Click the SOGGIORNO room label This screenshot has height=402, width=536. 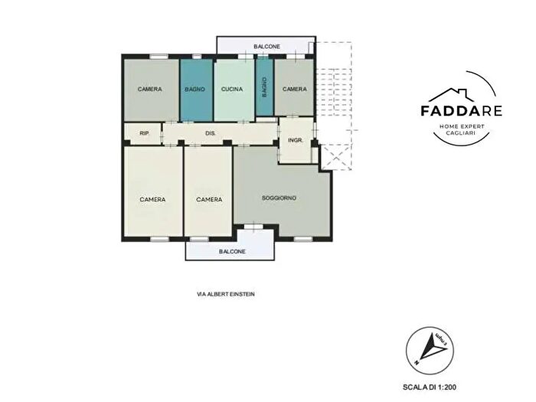[279, 198]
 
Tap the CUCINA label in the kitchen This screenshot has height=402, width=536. [232, 90]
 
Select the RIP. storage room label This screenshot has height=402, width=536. [144, 134]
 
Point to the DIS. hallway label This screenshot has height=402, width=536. [210, 134]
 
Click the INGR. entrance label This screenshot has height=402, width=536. [296, 140]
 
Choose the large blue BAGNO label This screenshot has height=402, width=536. [194, 90]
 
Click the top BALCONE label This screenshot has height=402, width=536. [267, 47]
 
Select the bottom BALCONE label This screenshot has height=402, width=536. [232, 251]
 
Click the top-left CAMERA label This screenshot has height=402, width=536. [150, 90]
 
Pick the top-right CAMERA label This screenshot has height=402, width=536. [295, 90]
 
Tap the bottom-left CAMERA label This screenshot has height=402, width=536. [152, 200]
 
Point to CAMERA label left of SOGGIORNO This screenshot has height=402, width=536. [208, 200]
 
